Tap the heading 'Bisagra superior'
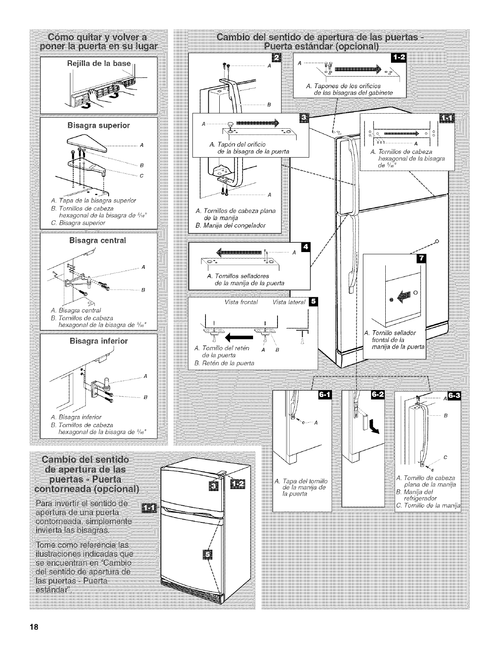98,125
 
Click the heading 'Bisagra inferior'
99,341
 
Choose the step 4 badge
305,248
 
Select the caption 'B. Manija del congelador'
231,225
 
